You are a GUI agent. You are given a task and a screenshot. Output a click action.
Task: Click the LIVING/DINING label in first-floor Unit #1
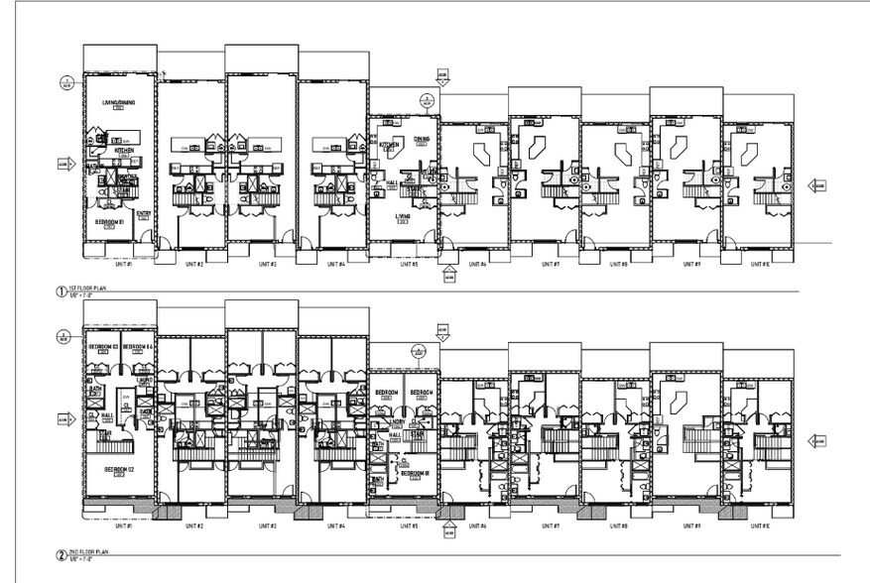click(x=118, y=103)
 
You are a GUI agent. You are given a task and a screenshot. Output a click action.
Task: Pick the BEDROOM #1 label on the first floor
click(x=108, y=222)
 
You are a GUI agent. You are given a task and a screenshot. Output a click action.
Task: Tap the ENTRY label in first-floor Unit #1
click(x=144, y=212)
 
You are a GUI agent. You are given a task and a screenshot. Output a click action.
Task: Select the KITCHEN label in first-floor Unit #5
click(x=389, y=145)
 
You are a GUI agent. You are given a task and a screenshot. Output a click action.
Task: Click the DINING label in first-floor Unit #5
click(x=422, y=138)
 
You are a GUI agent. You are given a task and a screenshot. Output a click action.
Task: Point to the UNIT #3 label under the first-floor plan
click(x=265, y=265)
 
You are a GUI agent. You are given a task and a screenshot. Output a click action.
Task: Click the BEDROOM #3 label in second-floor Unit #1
click(x=102, y=346)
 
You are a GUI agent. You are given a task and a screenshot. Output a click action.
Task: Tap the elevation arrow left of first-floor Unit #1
click(x=63, y=162)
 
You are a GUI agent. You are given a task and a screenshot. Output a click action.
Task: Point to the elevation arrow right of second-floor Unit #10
click(x=817, y=441)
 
